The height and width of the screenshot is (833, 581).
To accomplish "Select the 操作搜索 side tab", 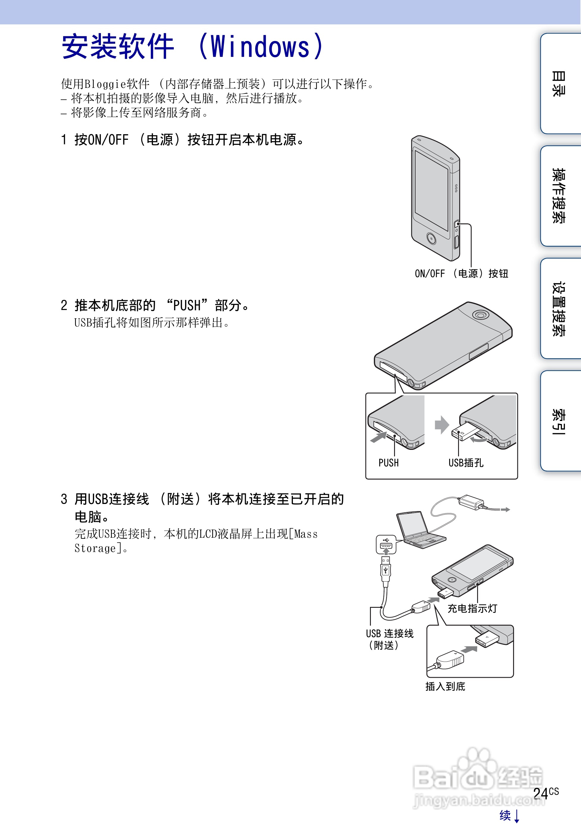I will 559,196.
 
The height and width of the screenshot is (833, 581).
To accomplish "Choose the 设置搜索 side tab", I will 559,309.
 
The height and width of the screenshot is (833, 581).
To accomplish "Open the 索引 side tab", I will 559,421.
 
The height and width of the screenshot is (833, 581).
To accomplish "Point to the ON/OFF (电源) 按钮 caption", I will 461,274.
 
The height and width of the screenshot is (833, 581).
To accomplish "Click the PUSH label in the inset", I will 388,463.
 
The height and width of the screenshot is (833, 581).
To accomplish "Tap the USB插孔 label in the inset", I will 466,463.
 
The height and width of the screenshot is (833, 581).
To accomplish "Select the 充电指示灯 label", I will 472,608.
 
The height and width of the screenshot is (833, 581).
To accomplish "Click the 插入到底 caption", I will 445,686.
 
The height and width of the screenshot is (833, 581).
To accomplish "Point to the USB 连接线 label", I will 389,634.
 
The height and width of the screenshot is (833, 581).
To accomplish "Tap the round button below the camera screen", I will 431,238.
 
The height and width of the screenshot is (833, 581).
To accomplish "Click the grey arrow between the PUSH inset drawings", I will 442,425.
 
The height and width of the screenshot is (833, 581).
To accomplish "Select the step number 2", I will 64,306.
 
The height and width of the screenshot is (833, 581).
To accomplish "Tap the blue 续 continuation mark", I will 505,815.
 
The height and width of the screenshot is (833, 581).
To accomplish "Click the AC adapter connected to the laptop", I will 471,502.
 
